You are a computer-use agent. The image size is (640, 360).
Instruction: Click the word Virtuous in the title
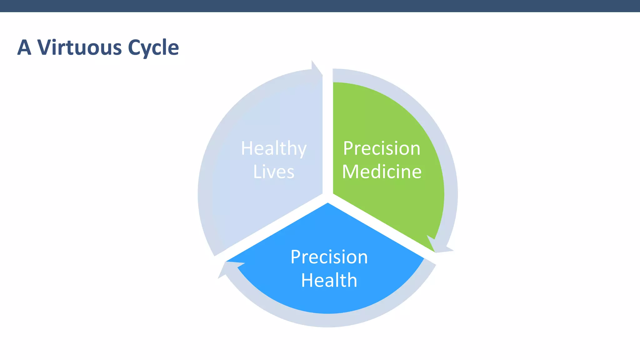click(79, 47)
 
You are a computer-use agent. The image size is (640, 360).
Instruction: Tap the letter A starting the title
click(24, 47)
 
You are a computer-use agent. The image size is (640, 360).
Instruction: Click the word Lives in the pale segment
click(274, 172)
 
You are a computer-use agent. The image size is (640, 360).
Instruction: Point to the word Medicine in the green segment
click(382, 172)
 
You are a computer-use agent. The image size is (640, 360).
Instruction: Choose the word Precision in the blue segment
click(329, 257)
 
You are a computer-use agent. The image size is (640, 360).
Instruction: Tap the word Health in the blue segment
click(329, 280)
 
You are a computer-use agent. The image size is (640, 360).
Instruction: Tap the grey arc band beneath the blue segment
click(328, 320)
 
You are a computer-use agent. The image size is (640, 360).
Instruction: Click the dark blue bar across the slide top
click(320, 6)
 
